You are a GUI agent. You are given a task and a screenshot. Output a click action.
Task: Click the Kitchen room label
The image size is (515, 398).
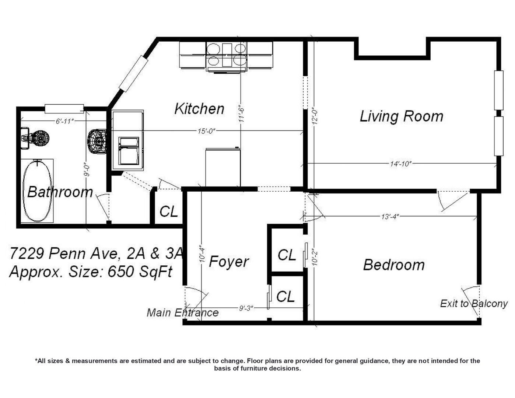tap(199, 109)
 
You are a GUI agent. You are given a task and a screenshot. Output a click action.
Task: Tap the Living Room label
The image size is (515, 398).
tap(402, 116)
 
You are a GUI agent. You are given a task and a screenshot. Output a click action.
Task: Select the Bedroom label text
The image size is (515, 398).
tap(394, 265)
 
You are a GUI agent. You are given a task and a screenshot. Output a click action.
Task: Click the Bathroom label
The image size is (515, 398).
tap(60, 192)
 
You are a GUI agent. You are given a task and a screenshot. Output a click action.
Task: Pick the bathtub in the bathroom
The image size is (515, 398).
tap(37, 191)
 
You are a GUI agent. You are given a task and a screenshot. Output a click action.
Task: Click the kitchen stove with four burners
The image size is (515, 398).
tap(226, 57)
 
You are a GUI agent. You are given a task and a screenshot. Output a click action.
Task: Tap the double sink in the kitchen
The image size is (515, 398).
tap(129, 151)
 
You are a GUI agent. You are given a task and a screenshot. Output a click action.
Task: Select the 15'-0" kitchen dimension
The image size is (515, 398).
tap(206, 131)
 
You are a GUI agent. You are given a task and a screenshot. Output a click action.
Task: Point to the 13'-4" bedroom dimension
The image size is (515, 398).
tap(390, 216)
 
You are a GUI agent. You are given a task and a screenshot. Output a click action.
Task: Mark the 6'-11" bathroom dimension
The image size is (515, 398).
tap(65, 121)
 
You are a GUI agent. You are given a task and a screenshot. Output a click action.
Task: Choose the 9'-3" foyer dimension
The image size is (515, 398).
tap(246, 308)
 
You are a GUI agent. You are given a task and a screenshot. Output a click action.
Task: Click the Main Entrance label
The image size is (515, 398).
tap(182, 313)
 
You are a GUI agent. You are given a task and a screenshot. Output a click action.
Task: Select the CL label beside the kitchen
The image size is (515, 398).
tap(168, 211)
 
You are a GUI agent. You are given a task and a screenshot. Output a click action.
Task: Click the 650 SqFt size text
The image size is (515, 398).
tap(140, 272)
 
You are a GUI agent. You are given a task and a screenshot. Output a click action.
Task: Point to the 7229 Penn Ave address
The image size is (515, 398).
tap(63, 254)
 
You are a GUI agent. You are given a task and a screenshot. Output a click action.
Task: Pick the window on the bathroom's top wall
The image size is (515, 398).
tap(64, 109)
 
